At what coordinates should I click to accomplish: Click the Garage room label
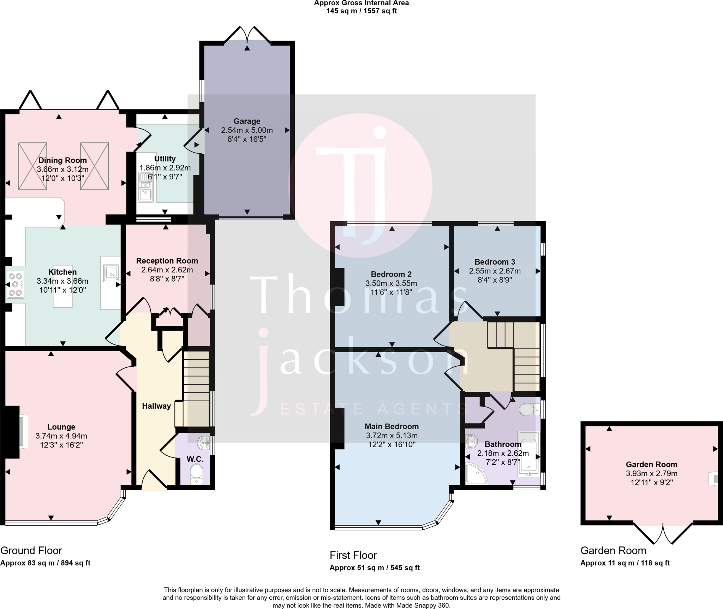click(x=247, y=121)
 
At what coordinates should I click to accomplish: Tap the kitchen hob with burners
click(x=15, y=284)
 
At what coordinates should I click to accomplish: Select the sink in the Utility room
click(x=145, y=187)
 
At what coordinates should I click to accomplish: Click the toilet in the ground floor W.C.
click(x=196, y=474)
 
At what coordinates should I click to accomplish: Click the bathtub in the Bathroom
click(x=528, y=454)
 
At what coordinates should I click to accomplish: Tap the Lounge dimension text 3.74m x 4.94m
click(x=61, y=436)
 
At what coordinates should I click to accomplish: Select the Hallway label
click(x=156, y=406)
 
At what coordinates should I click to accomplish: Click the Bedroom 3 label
click(x=495, y=262)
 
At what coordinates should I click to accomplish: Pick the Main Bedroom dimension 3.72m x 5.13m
click(x=392, y=436)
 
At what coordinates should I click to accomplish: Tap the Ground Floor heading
click(x=31, y=550)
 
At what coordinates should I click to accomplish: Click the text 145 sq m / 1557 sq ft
click(x=361, y=11)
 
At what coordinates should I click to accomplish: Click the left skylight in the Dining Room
click(x=32, y=166)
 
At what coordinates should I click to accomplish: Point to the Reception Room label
click(x=167, y=261)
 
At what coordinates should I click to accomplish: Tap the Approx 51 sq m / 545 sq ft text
click(x=375, y=568)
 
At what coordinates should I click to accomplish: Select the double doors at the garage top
click(x=247, y=35)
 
